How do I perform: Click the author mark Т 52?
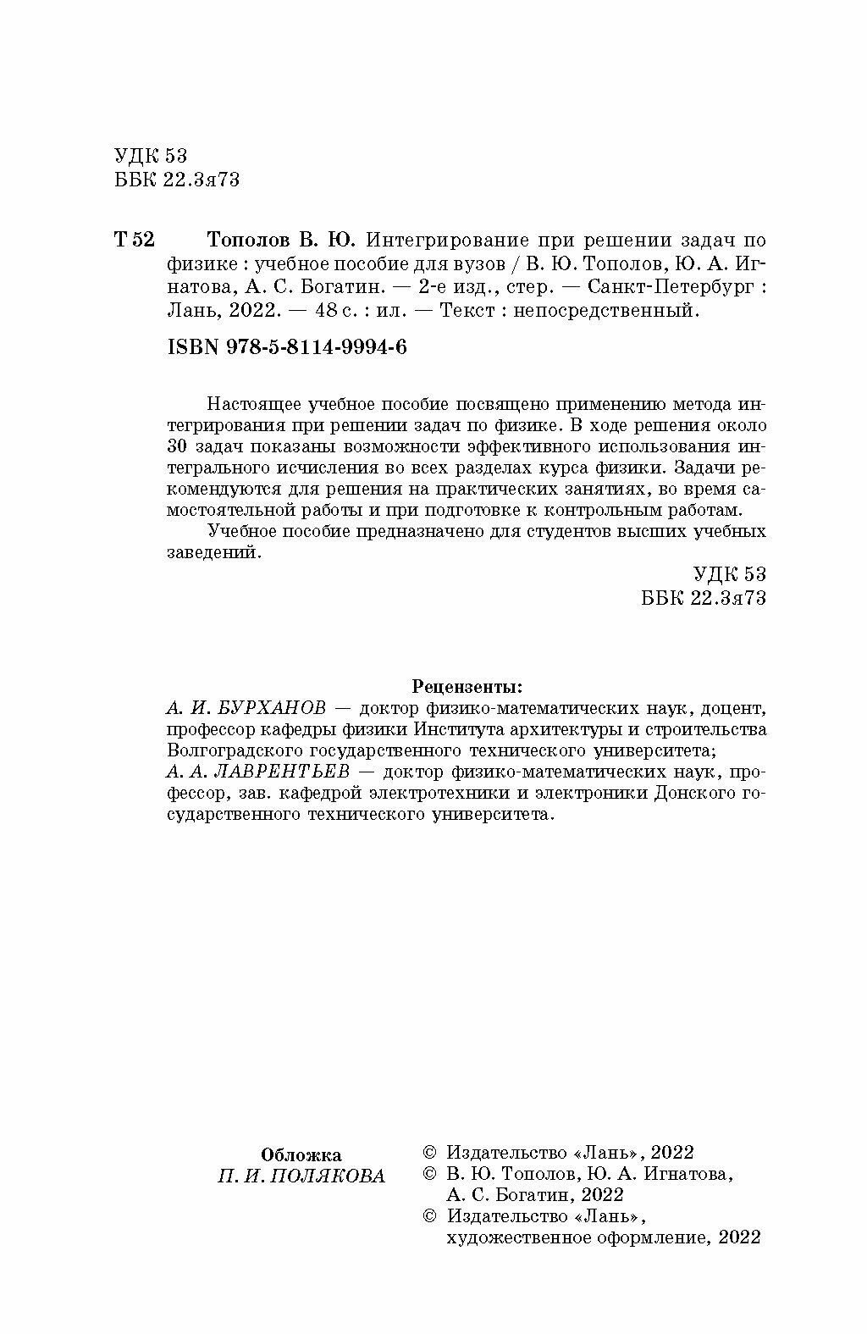[134, 240]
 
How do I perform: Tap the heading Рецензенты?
[467, 684]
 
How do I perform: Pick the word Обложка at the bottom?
[301, 1154]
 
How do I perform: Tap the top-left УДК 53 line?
[149, 156]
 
